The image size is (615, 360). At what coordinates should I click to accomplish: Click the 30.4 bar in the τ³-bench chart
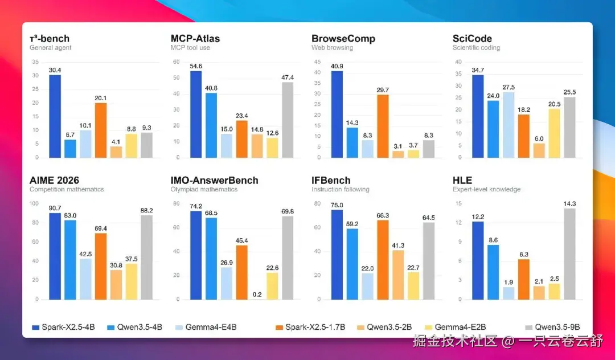55,116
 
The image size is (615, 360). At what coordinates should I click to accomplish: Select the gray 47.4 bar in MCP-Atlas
288,120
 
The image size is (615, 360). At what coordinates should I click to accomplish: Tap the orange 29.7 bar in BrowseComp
383,126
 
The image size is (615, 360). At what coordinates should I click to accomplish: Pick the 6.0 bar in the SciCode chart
539,150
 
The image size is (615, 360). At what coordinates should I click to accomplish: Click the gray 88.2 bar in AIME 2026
147,257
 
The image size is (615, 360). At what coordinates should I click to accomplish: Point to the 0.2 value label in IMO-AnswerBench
257,294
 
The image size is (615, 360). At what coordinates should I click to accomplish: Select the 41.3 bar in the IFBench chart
398,275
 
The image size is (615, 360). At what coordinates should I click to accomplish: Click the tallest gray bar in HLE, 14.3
569,254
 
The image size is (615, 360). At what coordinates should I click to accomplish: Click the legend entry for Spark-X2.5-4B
64,327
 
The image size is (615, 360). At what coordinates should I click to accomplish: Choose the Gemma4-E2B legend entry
456,327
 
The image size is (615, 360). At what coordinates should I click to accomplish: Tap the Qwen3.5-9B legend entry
552,327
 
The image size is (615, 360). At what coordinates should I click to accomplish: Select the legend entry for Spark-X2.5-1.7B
310,327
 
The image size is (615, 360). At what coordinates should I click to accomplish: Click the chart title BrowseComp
343,38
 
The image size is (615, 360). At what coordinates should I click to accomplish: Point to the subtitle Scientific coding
476,48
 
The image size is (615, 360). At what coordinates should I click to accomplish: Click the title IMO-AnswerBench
214,181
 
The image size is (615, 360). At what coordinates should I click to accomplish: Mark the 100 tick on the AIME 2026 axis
34,203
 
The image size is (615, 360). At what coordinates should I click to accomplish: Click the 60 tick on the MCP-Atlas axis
176,62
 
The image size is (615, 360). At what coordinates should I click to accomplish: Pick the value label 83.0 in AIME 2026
70,215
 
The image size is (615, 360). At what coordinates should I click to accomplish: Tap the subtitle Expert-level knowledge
486,190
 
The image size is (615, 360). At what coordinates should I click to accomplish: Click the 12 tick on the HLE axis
458,222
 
